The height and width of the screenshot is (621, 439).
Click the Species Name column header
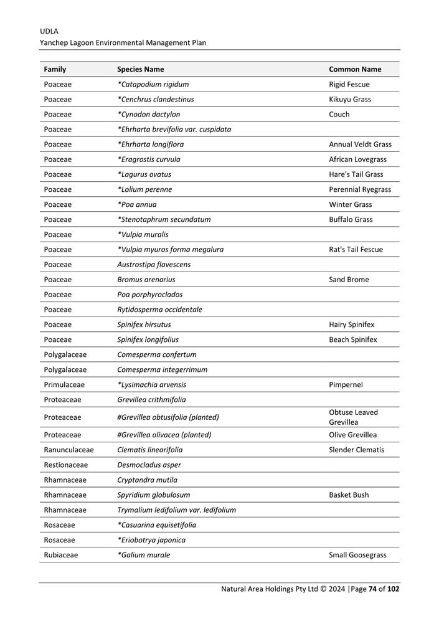tap(141, 69)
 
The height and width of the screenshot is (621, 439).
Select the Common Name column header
tap(355, 69)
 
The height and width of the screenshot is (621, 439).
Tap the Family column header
tap(55, 69)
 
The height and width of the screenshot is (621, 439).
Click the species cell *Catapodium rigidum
tap(153, 84)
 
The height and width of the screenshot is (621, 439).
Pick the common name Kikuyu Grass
tap(349, 99)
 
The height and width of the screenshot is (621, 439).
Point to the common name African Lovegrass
tap(357, 159)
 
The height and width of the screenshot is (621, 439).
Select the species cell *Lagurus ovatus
tap(144, 174)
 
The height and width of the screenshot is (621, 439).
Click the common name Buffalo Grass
tap(351, 219)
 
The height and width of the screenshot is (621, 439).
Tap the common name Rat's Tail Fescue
tap(356, 249)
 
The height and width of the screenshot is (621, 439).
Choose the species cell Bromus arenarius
tap(146, 280)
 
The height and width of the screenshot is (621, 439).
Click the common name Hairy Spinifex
tap(352, 325)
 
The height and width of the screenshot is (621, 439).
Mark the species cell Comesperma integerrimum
tap(163, 369)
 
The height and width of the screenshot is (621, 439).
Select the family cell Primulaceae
tap(64, 384)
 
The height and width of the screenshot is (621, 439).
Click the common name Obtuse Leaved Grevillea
tap(353, 417)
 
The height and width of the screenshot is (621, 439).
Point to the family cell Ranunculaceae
tap(68, 450)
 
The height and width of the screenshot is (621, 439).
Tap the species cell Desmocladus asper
tap(149, 465)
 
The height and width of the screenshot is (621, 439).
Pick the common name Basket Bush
tap(349, 495)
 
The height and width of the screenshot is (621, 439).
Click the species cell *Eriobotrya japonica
tap(151, 540)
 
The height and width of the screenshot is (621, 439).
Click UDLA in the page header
tap(49, 31)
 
